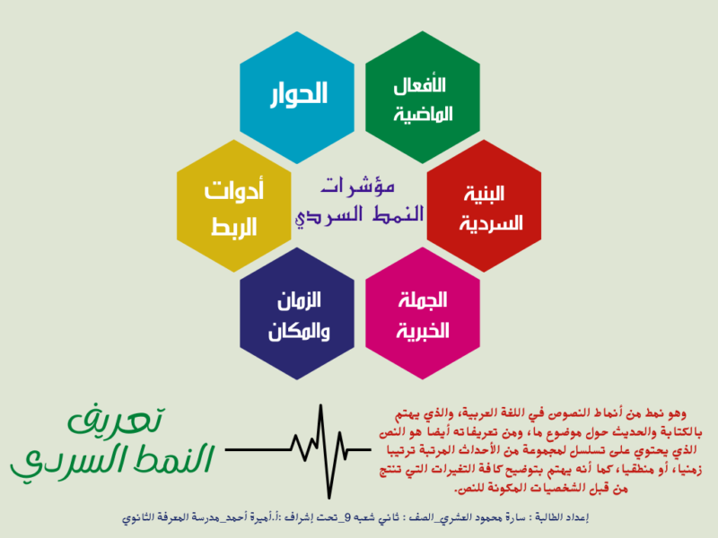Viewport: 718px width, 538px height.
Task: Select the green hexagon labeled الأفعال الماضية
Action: click(419, 99)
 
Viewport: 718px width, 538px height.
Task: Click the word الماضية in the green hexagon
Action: click(419, 115)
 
